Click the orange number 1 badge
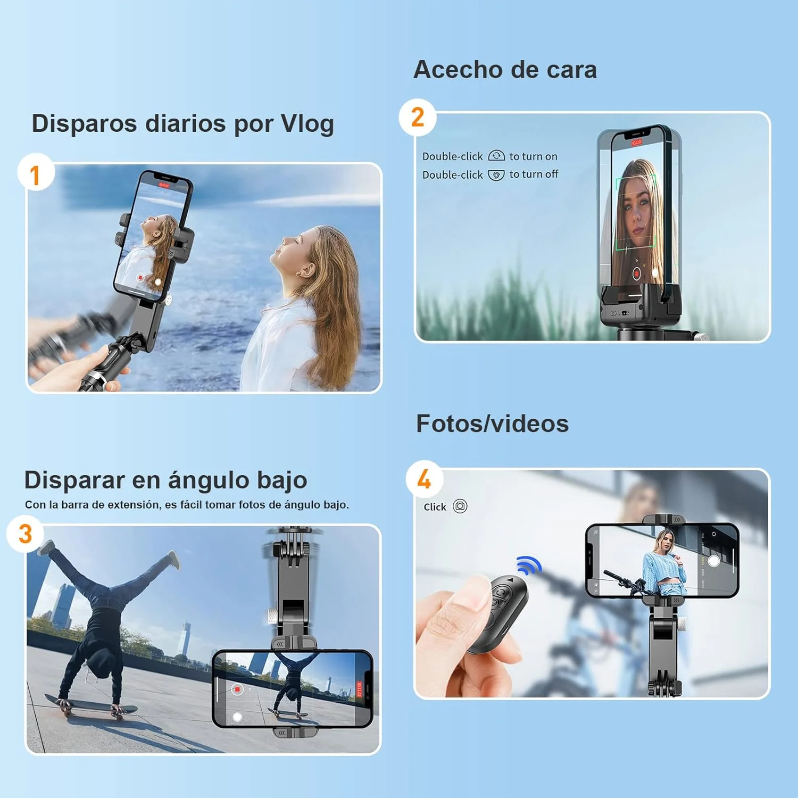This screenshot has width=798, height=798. point(35,174)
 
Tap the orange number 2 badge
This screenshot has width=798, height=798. point(418,117)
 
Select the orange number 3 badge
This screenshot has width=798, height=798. point(25,534)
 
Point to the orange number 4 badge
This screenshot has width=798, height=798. point(424,479)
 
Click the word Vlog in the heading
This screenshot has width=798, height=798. point(307,123)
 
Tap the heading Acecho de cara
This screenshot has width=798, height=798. point(505,70)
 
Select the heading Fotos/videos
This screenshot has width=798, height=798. point(492,424)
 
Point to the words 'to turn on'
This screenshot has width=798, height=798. point(533,156)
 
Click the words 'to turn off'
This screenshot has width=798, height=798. point(534,174)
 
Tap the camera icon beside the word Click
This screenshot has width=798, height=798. point(460,506)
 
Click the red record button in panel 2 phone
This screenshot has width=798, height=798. point(636,273)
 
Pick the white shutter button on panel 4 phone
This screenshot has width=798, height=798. point(714,561)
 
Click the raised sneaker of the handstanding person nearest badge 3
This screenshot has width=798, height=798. point(47,546)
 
